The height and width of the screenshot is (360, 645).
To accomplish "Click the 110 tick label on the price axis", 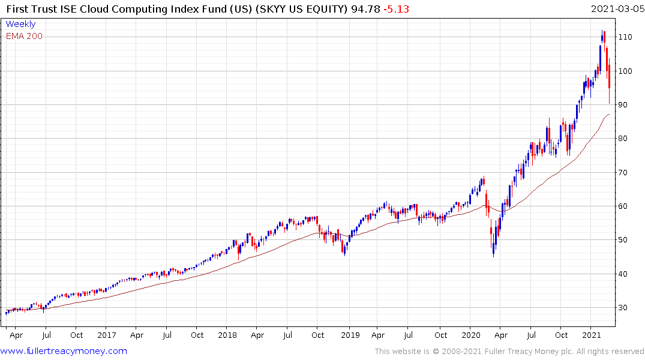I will [626, 37].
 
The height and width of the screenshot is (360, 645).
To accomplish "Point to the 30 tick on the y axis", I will [623, 308].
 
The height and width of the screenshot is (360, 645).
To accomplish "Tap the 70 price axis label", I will [623, 173].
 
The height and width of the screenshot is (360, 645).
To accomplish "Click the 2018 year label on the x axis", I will [227, 335].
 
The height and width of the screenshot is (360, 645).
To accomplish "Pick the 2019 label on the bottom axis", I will [349, 335].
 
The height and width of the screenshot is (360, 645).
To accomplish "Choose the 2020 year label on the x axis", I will [471, 335].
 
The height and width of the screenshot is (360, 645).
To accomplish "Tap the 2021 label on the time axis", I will [592, 335].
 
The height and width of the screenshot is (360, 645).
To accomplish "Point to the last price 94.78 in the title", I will [361, 8].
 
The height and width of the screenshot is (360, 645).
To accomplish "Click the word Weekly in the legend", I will [20, 24].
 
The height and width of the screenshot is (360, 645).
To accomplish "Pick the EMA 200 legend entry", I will [24, 36].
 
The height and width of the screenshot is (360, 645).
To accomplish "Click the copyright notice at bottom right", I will [509, 351].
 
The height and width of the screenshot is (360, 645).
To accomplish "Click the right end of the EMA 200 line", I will [610, 114].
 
